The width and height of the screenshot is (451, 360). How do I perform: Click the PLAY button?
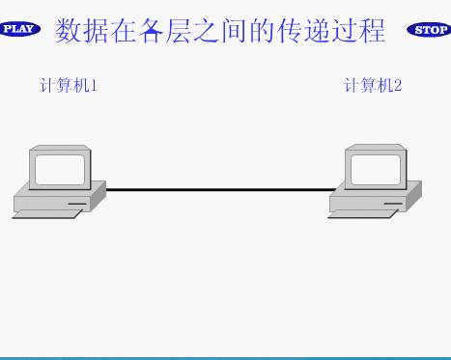click(x=20, y=29)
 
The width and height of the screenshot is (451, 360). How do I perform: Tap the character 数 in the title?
click(x=69, y=30)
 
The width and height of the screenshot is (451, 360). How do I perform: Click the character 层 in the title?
click(x=181, y=30)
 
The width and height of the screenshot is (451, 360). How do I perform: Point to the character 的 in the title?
click(x=264, y=30)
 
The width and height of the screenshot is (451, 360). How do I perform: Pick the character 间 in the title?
click(x=236, y=30)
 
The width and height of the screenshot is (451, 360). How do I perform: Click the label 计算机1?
click(x=69, y=85)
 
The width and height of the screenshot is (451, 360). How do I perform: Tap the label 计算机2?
click(x=373, y=85)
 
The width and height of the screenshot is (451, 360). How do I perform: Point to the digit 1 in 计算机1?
click(x=94, y=85)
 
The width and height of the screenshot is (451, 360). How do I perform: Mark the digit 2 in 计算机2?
click(x=398, y=85)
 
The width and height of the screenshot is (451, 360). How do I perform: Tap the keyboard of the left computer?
click(x=45, y=213)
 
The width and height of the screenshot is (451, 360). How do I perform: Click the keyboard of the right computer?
click(x=360, y=213)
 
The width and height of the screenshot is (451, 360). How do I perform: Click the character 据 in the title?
click(x=97, y=30)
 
